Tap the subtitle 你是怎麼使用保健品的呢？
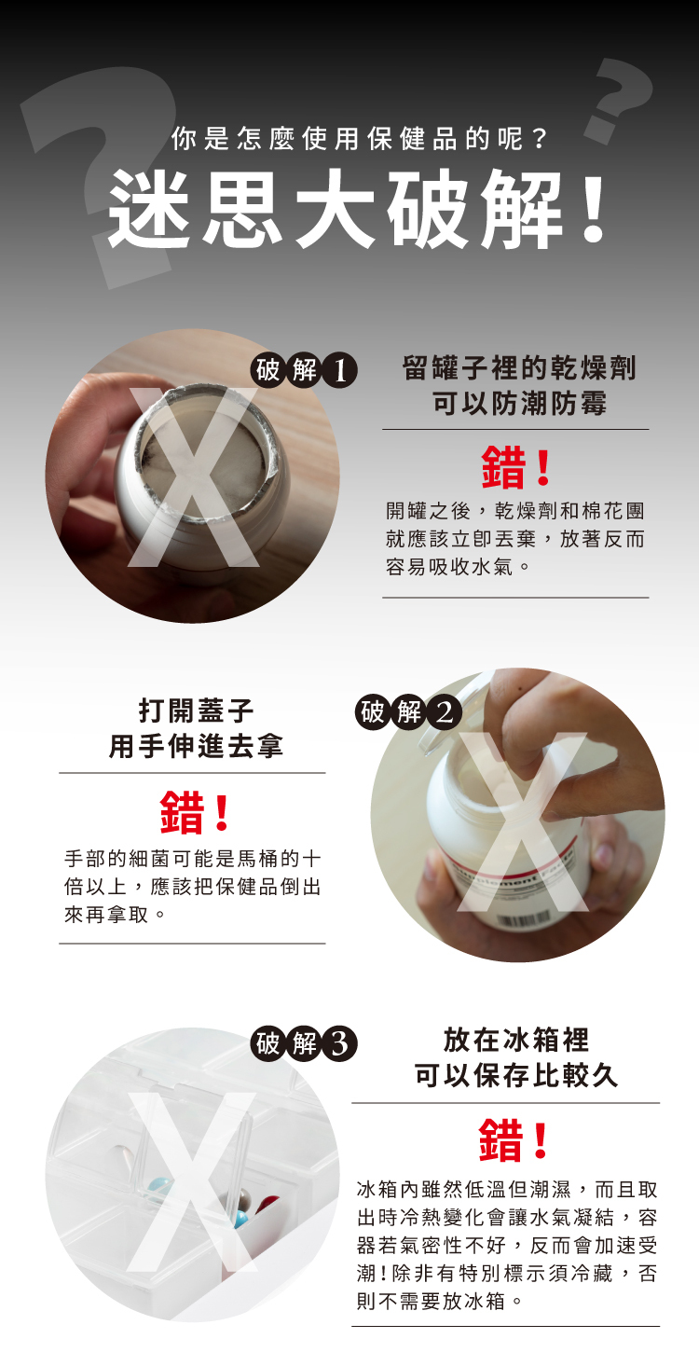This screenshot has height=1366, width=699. pos(359,139)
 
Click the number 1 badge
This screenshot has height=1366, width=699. pos(340,371)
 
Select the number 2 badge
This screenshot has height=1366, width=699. pos(445,711)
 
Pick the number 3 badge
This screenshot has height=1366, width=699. pos(340,1043)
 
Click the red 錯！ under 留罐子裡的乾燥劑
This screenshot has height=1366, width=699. pos(516,468)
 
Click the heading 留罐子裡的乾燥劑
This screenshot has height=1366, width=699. pos(519,368)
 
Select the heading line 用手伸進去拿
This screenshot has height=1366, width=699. pos(197,746)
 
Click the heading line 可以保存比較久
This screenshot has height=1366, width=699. pos(516,1075)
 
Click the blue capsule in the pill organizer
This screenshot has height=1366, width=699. pos(241,1219)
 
